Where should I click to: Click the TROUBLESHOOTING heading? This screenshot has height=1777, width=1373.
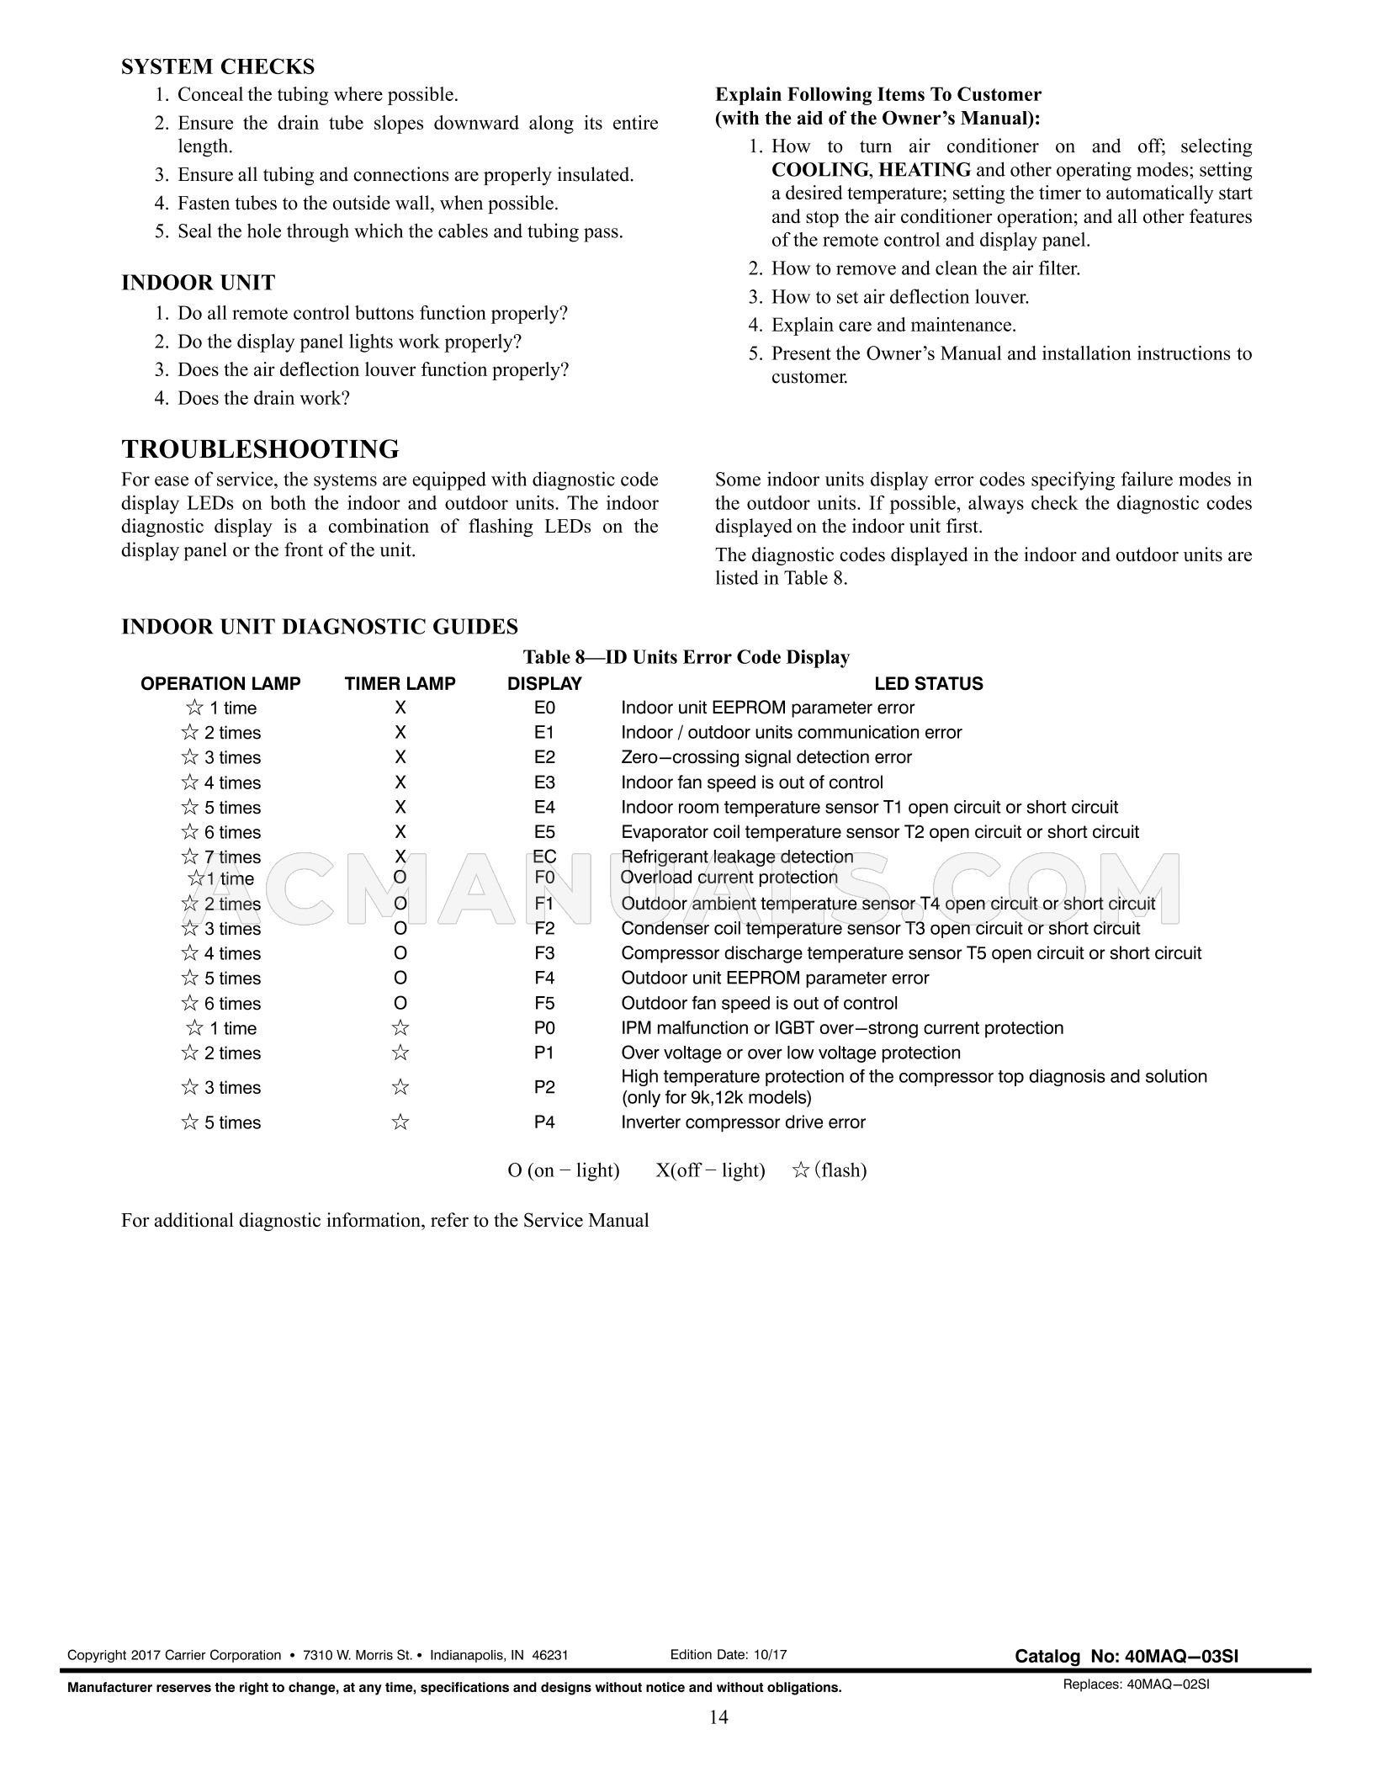click(260, 449)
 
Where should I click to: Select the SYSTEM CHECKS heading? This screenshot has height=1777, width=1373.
click(218, 66)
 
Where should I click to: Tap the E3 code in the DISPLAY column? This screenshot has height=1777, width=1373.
click(544, 782)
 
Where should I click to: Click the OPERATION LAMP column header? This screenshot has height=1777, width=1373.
click(220, 684)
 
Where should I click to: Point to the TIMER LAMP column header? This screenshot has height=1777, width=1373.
click(400, 684)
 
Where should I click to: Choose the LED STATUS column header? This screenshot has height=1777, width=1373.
click(928, 684)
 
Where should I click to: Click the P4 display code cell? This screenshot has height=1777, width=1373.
click(544, 1122)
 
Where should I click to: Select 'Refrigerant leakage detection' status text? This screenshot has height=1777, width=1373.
click(737, 857)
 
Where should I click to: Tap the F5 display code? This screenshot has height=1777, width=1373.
click(544, 1003)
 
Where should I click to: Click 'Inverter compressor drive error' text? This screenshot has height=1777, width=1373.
click(743, 1122)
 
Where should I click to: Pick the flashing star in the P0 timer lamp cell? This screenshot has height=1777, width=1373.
click(400, 1028)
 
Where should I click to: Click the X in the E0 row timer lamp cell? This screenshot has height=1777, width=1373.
click(400, 708)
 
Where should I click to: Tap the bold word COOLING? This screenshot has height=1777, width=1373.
click(819, 170)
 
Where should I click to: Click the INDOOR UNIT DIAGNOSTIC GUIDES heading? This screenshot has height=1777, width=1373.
click(319, 627)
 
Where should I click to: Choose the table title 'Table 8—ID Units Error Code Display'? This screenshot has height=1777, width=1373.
click(686, 657)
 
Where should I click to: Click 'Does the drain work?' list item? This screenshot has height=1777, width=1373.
click(262, 398)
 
